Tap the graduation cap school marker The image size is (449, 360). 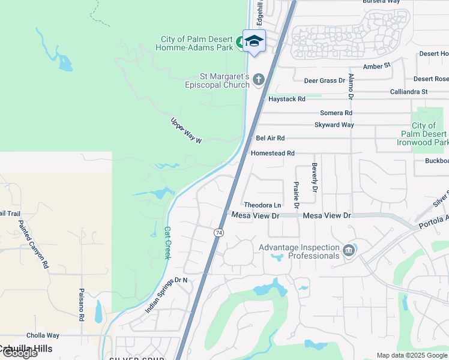pyautogui.click(x=254, y=41)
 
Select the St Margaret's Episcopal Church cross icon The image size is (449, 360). pyautogui.click(x=259, y=79)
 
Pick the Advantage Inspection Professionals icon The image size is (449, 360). pyautogui.click(x=349, y=251)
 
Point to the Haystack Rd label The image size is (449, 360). pyautogui.click(x=287, y=99)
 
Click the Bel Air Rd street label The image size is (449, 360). pyautogui.click(x=270, y=138)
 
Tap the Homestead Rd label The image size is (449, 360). pyautogui.click(x=273, y=154)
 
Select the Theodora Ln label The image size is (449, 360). pyautogui.click(x=262, y=205)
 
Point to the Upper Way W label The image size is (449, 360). pyautogui.click(x=187, y=130)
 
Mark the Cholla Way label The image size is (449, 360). pyautogui.click(x=43, y=336)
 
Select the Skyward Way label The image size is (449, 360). pyautogui.click(x=334, y=125)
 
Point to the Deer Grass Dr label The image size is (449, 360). pyautogui.click(x=325, y=80)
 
